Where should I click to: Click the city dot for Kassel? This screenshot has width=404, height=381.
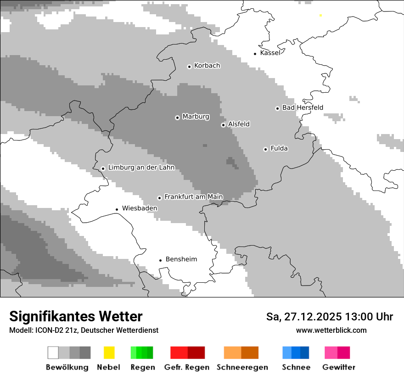pos(255,54)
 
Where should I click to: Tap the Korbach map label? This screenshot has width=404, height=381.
pos(207,66)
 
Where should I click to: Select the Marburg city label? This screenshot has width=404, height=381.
pos(196,117)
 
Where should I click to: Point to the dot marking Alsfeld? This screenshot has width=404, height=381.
pos(223,125)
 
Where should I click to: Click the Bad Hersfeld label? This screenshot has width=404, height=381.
pos(303,108)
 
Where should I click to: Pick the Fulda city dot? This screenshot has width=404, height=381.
pos(265,149)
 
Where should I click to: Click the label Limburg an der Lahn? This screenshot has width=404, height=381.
pos(141,168)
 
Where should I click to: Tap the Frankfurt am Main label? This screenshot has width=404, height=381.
pos(193,197)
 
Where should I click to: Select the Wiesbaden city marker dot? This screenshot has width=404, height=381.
pos(117,209)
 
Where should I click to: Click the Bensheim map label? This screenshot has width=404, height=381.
pos(181,259)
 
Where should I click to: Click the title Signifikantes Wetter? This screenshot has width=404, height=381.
pos(76,316)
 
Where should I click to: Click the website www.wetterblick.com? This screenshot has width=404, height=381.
pos(331,331)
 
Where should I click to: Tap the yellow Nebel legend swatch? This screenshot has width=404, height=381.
pos(109,353)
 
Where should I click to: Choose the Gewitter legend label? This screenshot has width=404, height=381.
pos(338,367)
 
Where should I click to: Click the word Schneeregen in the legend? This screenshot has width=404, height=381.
pos(242,367)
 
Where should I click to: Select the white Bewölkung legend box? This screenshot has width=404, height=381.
pos(53,353)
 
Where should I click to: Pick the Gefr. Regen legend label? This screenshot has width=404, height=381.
pos(186,367)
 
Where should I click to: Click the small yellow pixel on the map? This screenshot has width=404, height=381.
pos(320,16)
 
